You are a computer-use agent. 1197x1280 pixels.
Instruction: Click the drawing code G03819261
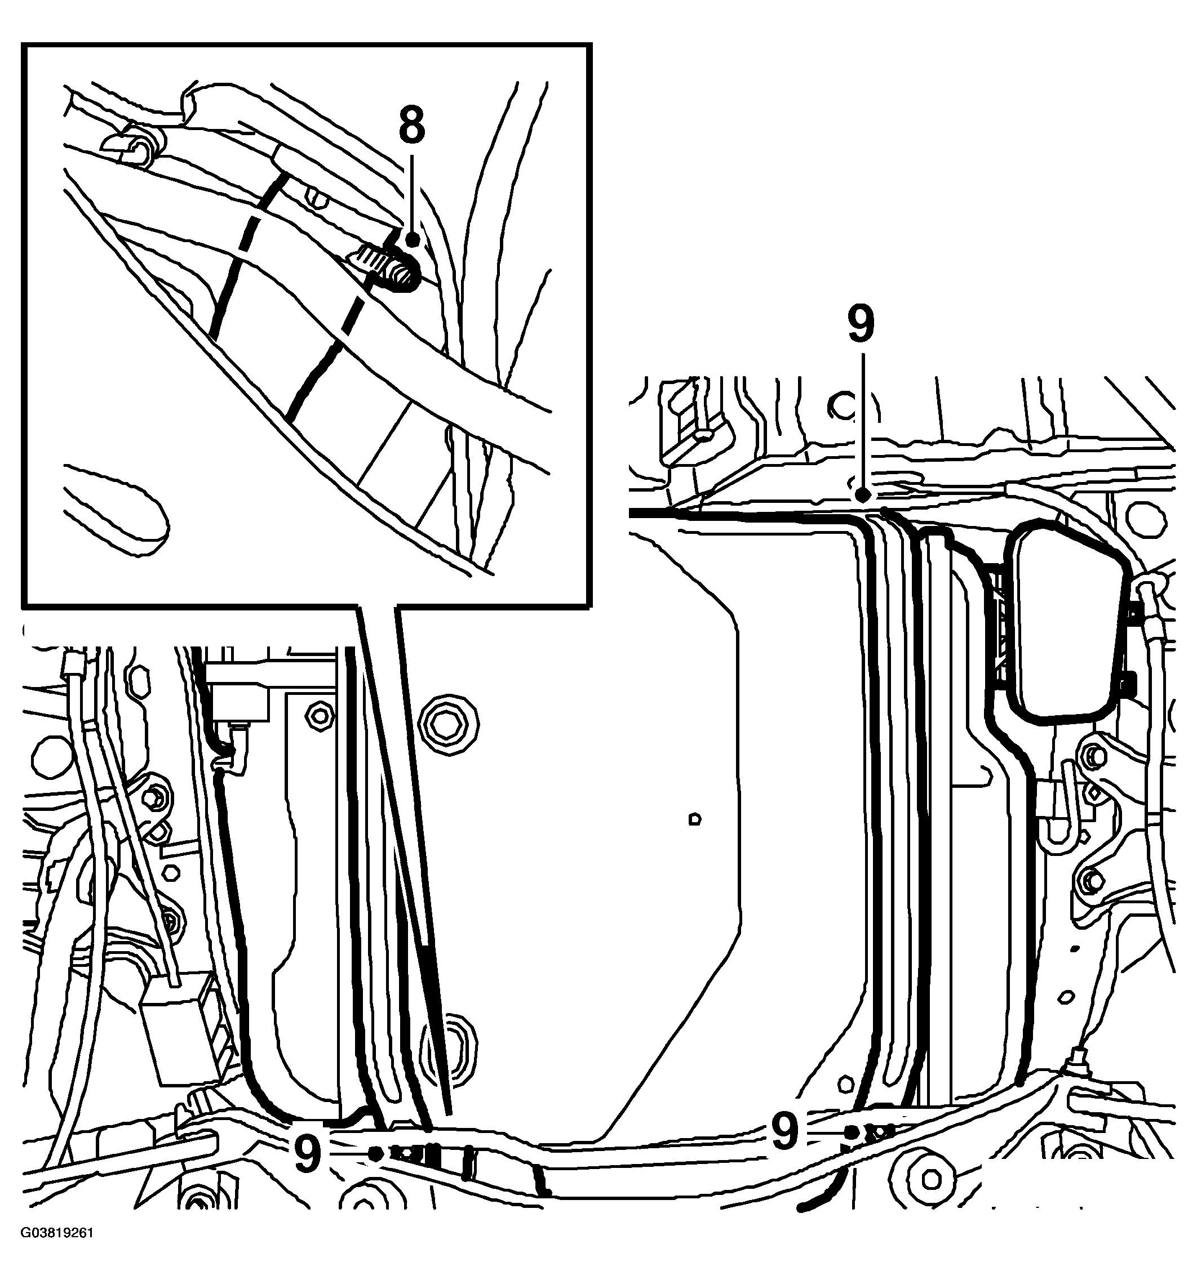pyautogui.click(x=57, y=1250)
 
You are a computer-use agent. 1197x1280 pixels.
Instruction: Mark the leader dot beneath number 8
pyautogui.click(x=413, y=239)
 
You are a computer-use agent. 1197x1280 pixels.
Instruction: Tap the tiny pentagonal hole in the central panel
pyautogui.click(x=694, y=819)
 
